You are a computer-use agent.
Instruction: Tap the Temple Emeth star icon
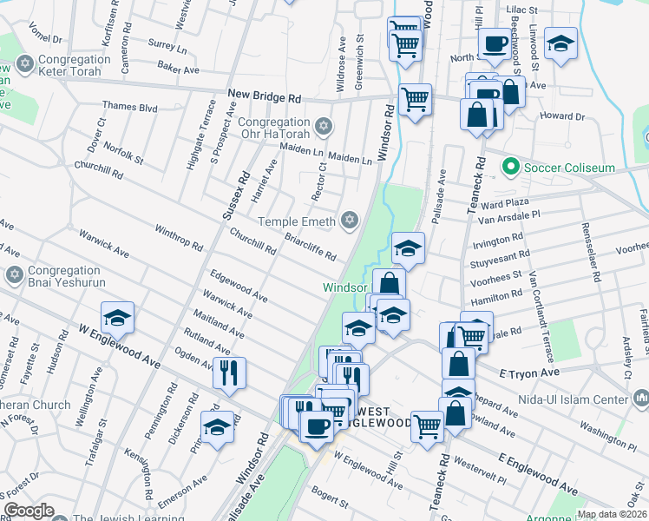350,220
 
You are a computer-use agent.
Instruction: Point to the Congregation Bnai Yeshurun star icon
13,276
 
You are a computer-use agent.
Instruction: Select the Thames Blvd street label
129,108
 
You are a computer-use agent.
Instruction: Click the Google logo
29,511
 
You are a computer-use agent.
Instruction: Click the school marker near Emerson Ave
218,426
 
